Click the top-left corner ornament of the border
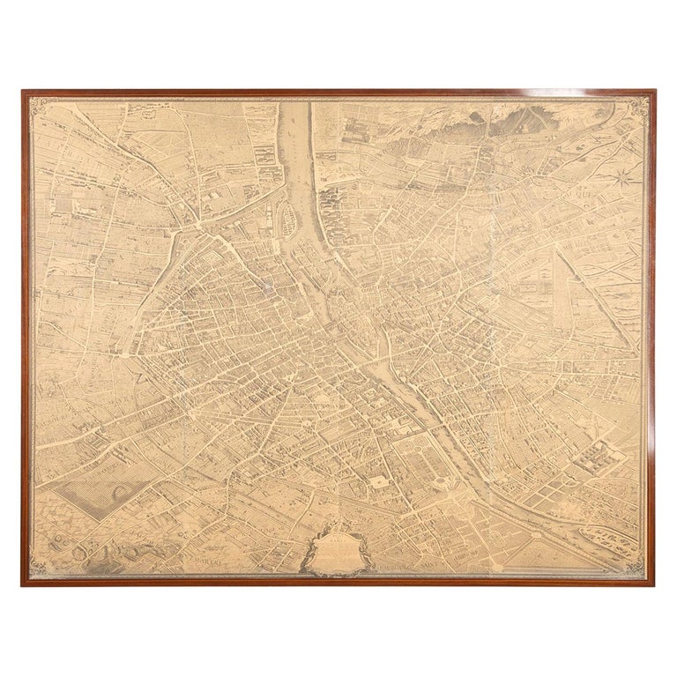[38, 105]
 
